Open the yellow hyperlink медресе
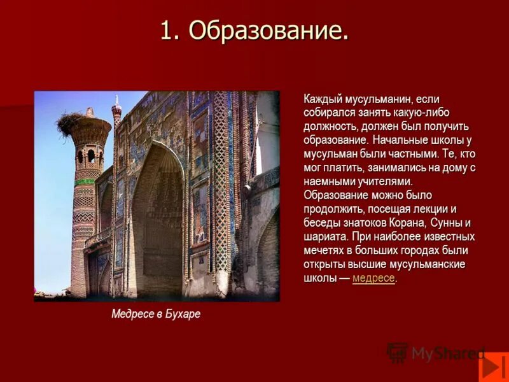pyautogui.click(x=373, y=278)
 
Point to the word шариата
pyautogui.click(x=324, y=236)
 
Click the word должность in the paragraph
pyautogui.click(x=330, y=126)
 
